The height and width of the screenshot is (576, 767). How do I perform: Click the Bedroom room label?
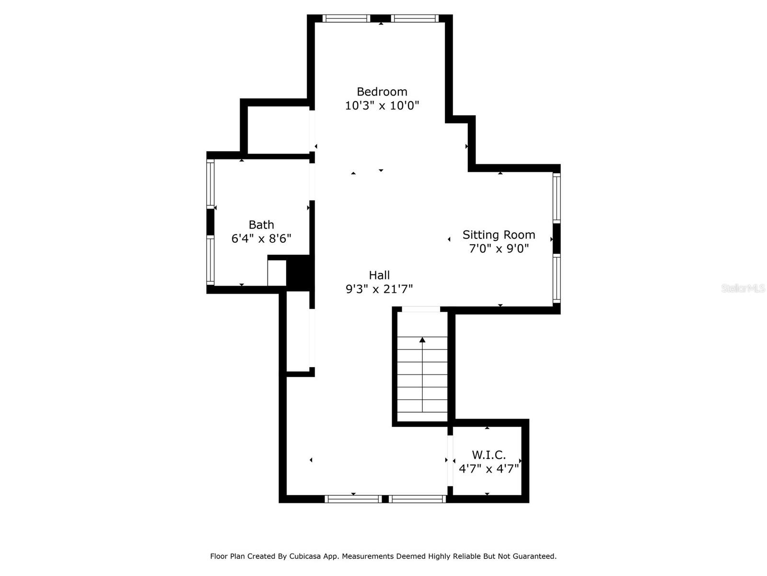tap(382, 92)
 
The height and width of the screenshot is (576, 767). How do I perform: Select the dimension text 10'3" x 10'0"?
tap(382, 105)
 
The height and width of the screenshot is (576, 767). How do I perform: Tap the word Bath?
tap(261, 225)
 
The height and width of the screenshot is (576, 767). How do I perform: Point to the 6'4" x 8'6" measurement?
tap(261, 239)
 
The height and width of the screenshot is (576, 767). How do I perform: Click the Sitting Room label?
tap(499, 235)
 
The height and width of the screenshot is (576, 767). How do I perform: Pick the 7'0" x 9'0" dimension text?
tap(499, 249)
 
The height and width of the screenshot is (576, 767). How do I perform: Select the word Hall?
tap(379, 275)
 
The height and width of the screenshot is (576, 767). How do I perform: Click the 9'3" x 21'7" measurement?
tap(379, 289)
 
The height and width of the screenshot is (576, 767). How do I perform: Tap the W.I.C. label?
tap(488, 455)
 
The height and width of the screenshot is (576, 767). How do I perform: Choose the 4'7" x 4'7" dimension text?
tap(488, 468)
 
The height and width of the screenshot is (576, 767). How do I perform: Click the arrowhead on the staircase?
tap(422, 339)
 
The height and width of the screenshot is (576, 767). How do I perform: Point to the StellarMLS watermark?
tap(743, 288)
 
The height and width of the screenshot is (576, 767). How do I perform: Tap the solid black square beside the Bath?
tap(298, 273)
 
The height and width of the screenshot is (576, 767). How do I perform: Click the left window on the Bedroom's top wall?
tap(346, 18)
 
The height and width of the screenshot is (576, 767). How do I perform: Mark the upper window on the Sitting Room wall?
tap(556, 198)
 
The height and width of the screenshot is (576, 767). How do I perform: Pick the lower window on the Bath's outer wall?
tap(210, 260)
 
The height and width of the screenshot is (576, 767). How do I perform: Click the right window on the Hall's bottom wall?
tap(417, 499)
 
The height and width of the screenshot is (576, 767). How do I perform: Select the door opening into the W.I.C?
tap(450, 461)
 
